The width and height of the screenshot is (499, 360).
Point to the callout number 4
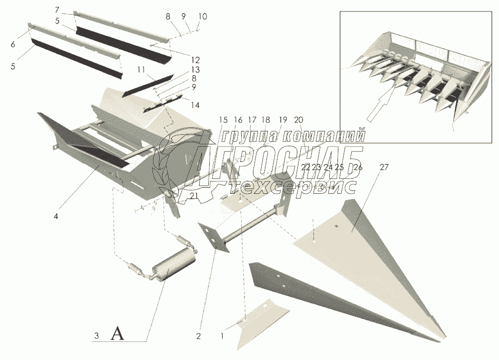(x=56, y=216)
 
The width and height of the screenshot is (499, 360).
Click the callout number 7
(x=57, y=10)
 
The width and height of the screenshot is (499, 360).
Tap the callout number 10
(x=202, y=17)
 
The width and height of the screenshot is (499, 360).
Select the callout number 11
(x=141, y=70)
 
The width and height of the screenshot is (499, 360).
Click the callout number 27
(x=384, y=167)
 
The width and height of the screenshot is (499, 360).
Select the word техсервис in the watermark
(x=298, y=187)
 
